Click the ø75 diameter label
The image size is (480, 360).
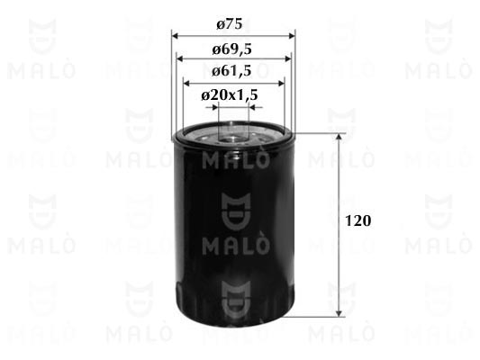[x=230, y=24]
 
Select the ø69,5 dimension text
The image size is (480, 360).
[x=232, y=49]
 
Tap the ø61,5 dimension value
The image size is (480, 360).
[x=231, y=71]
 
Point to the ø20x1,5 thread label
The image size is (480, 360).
[x=230, y=95]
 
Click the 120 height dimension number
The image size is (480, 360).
[x=358, y=220]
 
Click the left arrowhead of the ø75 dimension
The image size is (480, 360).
[x=175, y=36]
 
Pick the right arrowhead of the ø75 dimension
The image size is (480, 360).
[x=292, y=36]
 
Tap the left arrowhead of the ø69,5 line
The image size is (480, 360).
[x=180, y=58]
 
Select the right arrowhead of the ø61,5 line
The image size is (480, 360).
[x=281, y=83]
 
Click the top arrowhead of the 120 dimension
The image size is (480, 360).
[x=339, y=137]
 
